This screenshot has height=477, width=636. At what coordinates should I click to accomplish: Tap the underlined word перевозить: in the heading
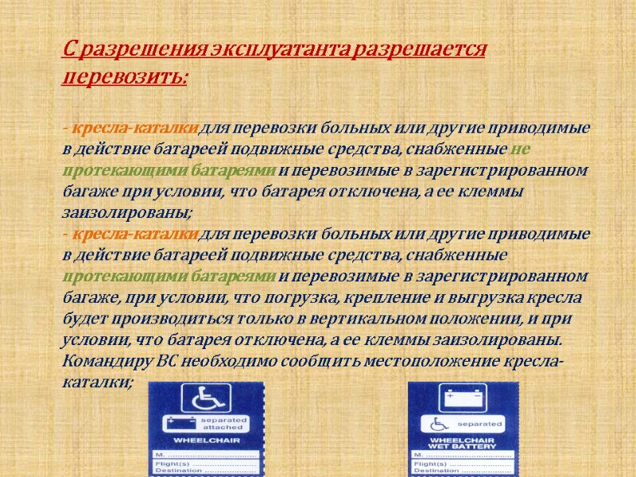[x=125, y=78]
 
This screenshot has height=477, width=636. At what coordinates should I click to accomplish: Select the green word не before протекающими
[x=522, y=149]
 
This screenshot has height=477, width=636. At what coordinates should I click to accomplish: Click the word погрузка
[x=336, y=298]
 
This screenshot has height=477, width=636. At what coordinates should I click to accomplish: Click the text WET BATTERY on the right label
[x=463, y=447]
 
